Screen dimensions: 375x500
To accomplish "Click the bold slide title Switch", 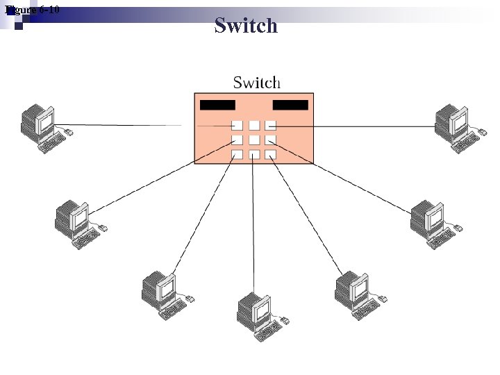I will click(x=246, y=26).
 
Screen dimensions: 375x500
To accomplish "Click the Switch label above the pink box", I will click(x=256, y=83).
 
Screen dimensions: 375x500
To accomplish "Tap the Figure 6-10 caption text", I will click(x=32, y=10).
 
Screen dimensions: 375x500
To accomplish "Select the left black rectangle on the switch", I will click(x=217, y=105).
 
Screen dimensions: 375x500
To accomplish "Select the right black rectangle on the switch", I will click(x=290, y=105).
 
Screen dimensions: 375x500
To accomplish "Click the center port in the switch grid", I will click(x=254, y=140).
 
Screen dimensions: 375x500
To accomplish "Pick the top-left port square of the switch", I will click(x=237, y=126).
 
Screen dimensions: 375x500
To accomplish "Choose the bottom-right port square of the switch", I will click(x=271, y=154).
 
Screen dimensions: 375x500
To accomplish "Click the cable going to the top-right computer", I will click(x=361, y=126).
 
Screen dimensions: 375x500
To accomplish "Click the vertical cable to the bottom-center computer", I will click(x=253, y=229).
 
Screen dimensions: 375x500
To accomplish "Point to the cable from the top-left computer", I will click(x=118, y=125).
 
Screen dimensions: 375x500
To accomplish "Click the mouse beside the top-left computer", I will click(x=69, y=131).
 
